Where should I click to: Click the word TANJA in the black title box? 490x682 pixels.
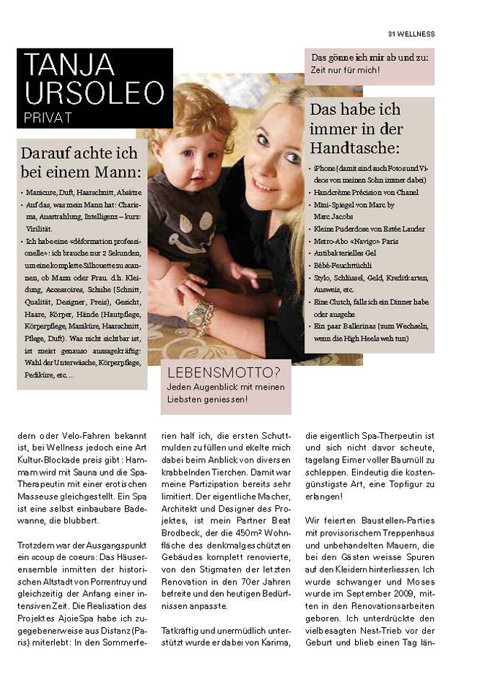[x=69, y=64]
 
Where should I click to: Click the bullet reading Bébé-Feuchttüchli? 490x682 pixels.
[x=344, y=266]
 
